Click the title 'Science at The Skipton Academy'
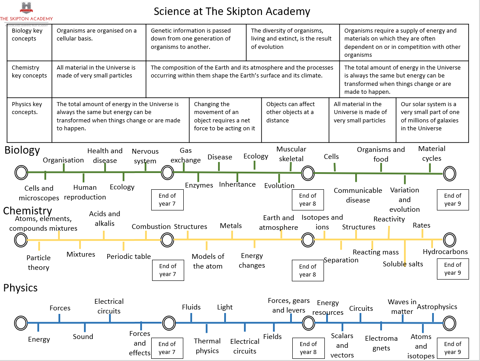pyautogui.click(x=232, y=11)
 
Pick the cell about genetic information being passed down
pyautogui.click(x=196, y=39)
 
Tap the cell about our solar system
pyautogui.click(x=430, y=116)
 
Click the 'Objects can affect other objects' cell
pyautogui.click(x=291, y=112)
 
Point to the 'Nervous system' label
pyautogui.click(x=145, y=156)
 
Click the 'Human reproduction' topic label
pyautogui.click(x=85, y=192)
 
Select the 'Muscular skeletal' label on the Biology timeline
pyautogui.click(x=291, y=154)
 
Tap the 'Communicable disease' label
pyautogui.click(x=358, y=195)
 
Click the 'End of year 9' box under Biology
pyautogui.click(x=452, y=200)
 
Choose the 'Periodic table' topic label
pyautogui.click(x=129, y=256)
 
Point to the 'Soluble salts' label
pyautogui.click(x=403, y=264)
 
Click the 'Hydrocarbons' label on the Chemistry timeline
pyautogui.click(x=445, y=252)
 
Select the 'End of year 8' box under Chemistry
pyautogui.click(x=308, y=270)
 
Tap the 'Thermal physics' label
pyautogui.click(x=207, y=346)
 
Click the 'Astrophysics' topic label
pyautogui.click(x=437, y=307)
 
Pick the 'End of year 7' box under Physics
pyautogui.click(x=167, y=348)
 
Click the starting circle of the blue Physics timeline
pyautogui.click(x=21, y=323)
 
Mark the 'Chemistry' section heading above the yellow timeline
pyautogui.click(x=27, y=211)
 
